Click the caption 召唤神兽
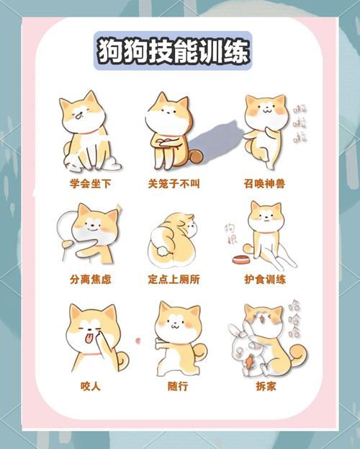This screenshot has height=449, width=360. [265, 184]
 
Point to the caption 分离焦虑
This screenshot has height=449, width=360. [91, 279]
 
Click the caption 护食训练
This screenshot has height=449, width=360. [265, 279]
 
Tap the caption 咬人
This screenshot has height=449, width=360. [91, 386]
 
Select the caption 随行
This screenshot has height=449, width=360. [177, 386]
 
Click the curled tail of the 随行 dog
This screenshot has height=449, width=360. [202, 351]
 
